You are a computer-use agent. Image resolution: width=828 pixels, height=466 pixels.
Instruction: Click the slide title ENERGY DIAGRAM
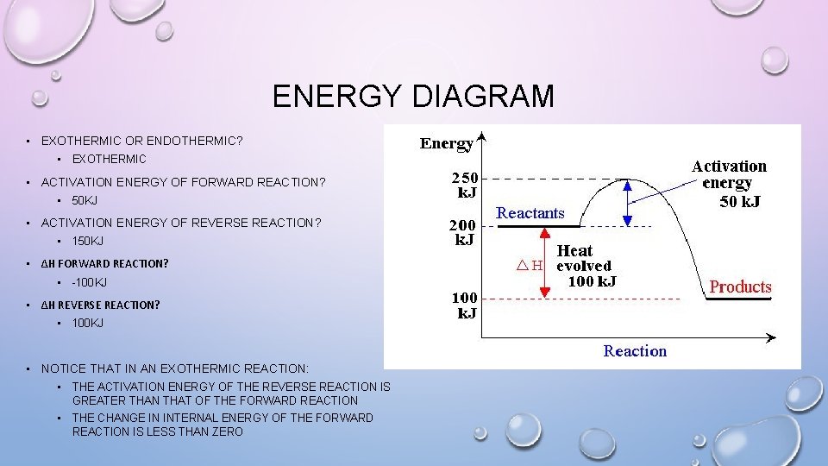(x=413, y=96)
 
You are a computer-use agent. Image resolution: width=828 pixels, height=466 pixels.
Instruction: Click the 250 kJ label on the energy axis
(x=463, y=185)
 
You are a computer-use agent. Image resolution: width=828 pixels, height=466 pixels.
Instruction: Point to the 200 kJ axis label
(x=463, y=232)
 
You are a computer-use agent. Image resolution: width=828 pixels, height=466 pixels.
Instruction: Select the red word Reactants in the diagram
(x=530, y=212)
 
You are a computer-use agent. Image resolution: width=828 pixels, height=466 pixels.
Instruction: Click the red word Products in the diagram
(x=740, y=287)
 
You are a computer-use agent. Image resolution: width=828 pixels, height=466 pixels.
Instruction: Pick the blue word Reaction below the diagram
(x=635, y=351)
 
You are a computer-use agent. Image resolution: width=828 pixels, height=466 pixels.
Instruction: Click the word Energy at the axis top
(x=446, y=143)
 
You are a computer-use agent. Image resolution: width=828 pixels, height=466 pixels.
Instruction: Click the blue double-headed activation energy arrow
(x=629, y=202)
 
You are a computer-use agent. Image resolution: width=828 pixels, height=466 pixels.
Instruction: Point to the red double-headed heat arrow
(x=544, y=263)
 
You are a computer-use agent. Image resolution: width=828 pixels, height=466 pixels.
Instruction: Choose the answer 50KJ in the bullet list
(x=85, y=201)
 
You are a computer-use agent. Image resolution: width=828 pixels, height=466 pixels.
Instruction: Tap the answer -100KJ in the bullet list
(x=89, y=282)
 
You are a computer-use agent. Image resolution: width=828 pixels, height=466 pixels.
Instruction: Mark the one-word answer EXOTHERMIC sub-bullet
(x=109, y=159)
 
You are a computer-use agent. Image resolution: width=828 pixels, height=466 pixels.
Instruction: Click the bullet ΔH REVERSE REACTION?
(x=100, y=305)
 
